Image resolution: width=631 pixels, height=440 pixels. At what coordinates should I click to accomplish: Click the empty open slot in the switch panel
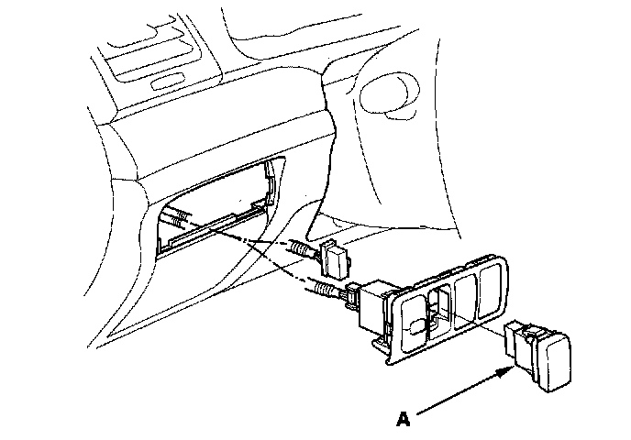(x=442, y=307)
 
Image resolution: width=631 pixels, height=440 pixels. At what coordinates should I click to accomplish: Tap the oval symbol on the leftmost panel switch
(x=418, y=325)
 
